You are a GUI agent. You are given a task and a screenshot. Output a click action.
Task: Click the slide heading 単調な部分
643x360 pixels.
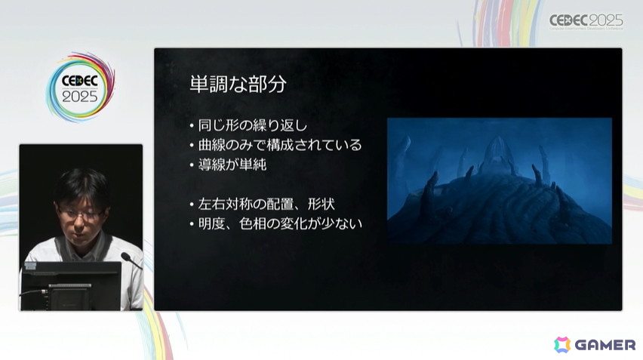(238, 84)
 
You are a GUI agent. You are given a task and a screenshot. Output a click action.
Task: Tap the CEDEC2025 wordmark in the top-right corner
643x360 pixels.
(586, 21)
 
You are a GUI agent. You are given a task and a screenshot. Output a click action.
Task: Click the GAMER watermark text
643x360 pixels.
(605, 345)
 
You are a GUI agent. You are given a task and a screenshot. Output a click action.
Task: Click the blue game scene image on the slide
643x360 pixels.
(499, 180)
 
